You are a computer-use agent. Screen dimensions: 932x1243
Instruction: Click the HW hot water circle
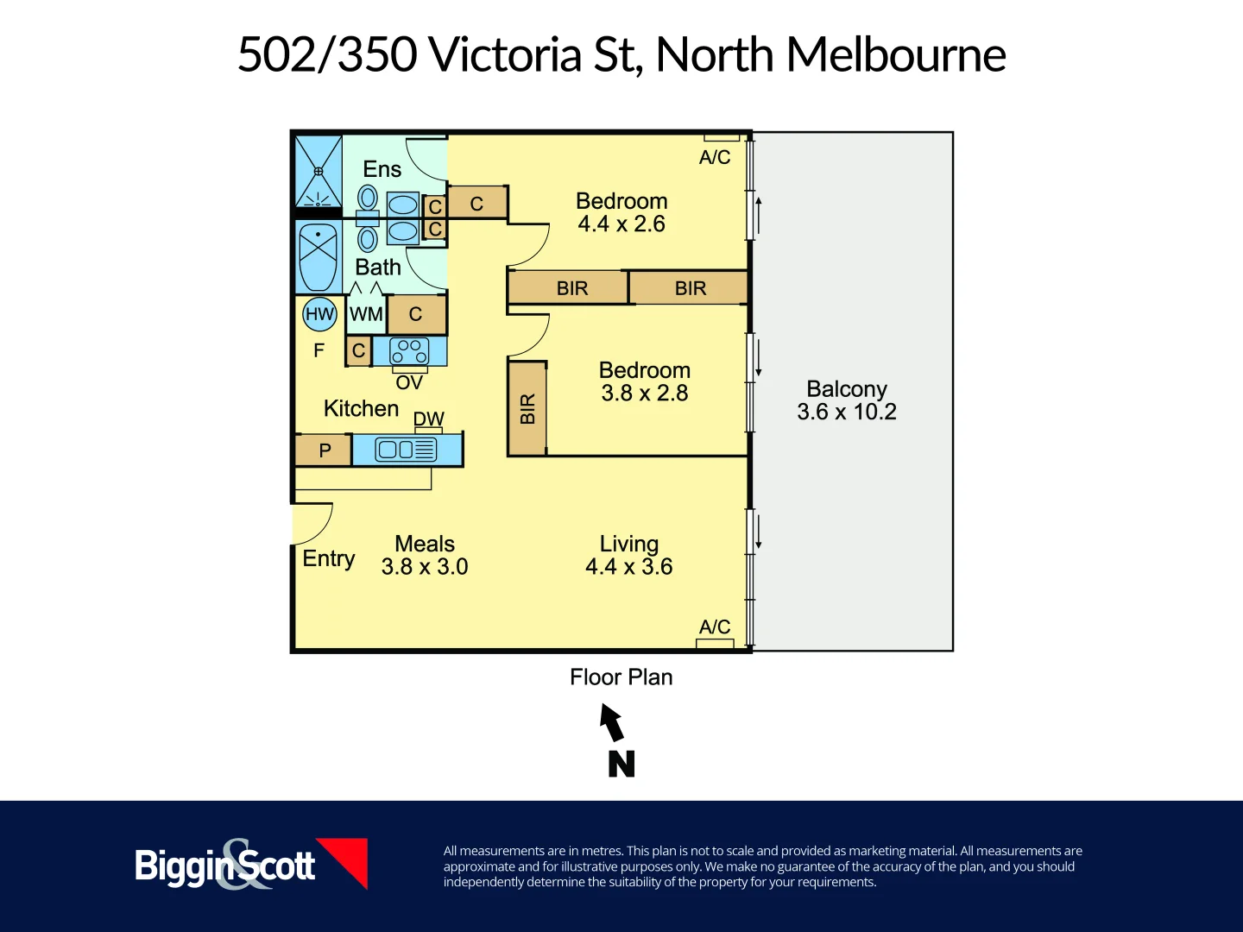(x=319, y=314)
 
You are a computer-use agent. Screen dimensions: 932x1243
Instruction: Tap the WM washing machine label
(x=366, y=315)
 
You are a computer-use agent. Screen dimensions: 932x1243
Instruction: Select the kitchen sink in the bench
(x=407, y=450)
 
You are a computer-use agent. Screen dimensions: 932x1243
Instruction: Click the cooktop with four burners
(x=409, y=351)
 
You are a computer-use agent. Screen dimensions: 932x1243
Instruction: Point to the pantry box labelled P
(x=325, y=450)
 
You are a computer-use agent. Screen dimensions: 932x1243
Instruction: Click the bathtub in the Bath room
(x=318, y=256)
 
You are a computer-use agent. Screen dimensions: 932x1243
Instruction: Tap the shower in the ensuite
(x=319, y=171)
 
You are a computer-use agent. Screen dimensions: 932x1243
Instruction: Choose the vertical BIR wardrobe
(x=527, y=408)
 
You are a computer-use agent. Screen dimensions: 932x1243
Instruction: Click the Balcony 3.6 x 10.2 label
(x=847, y=400)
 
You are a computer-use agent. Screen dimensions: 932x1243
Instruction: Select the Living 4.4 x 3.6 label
(x=629, y=555)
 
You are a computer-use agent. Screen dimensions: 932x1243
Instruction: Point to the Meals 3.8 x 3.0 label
(x=425, y=555)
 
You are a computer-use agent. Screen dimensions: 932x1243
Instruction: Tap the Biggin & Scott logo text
(x=224, y=866)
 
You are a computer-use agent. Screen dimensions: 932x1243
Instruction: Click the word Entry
(x=328, y=558)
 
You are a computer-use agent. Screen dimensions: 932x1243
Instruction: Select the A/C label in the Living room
(x=715, y=627)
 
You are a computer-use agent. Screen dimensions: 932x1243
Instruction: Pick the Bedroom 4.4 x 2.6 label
(x=621, y=212)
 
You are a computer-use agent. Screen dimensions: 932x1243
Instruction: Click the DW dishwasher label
(x=428, y=419)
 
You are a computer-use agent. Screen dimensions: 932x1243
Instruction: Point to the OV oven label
(x=409, y=382)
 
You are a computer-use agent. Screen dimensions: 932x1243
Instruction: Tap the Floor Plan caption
(x=621, y=677)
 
